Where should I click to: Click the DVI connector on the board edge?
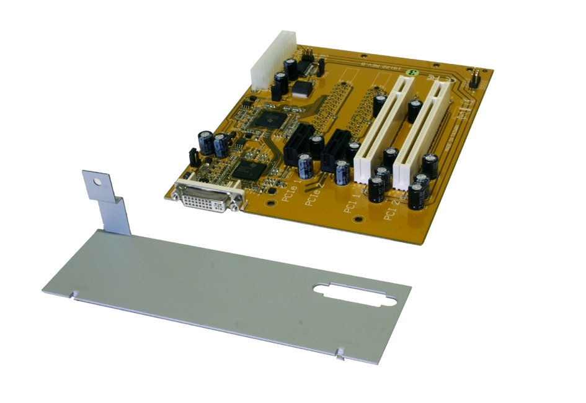pos(209,196)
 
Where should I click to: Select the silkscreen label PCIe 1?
pos(290,189)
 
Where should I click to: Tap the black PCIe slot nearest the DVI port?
pos(297,145)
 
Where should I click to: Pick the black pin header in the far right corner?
pos(473,79)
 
